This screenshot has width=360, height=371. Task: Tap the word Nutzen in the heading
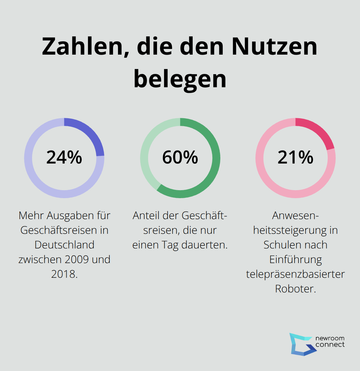tap(274, 47)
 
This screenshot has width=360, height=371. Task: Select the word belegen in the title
tap(180, 79)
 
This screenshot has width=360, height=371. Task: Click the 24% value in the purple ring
tap(64, 158)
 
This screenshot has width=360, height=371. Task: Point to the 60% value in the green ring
tap(180, 158)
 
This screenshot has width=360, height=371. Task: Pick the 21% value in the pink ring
tap(295, 158)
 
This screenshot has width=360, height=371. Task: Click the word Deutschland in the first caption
tap(64, 245)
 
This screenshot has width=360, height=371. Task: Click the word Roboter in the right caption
tap(295, 289)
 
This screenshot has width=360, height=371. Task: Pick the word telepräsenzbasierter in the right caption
tap(295, 274)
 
